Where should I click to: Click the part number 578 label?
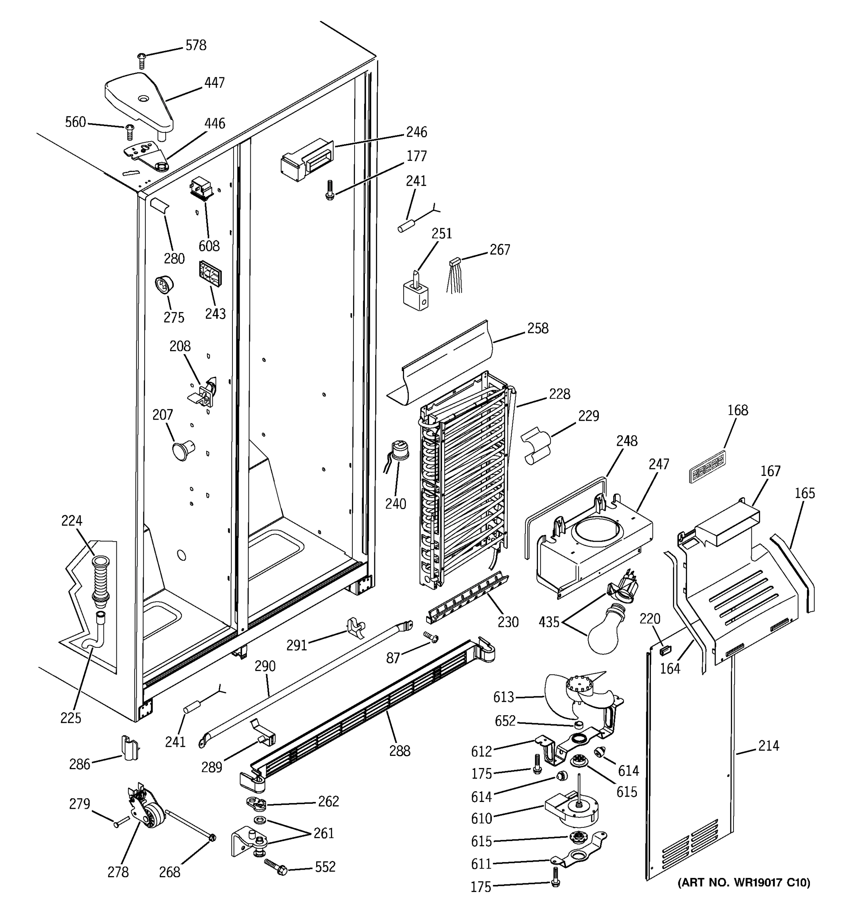tap(196, 46)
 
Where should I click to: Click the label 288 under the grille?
tap(399, 751)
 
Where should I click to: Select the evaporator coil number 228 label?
tap(559, 394)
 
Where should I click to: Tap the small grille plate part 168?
tap(708, 467)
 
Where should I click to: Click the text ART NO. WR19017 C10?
tap(744, 882)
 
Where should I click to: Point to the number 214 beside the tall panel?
tap(768, 745)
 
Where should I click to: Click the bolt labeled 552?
tap(276, 867)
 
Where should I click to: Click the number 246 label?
tap(416, 132)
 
